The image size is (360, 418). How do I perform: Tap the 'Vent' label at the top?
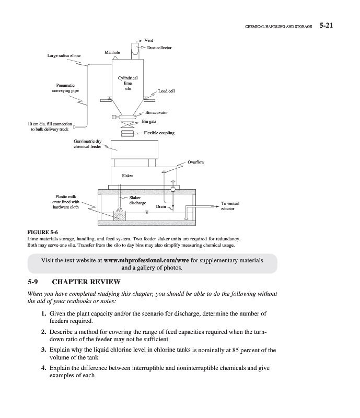click(149, 40)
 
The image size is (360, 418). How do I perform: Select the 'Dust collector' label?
click(159, 48)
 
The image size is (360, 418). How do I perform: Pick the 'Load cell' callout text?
click(166, 91)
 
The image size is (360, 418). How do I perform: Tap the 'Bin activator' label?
click(157, 112)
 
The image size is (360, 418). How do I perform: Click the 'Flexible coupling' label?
click(159, 133)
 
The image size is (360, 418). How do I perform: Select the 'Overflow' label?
click(196, 162)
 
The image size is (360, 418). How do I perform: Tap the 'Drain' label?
click(161, 207)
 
